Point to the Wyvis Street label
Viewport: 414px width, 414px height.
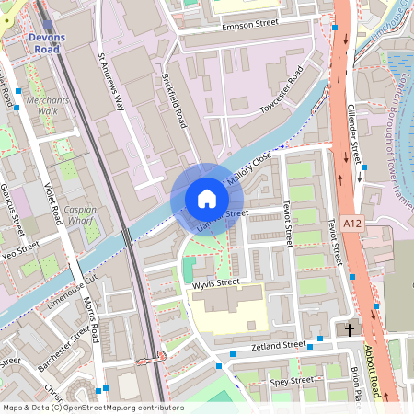click(216, 282)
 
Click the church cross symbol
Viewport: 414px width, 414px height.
click(350, 329)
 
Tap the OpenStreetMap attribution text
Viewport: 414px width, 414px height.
click(80, 408)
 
